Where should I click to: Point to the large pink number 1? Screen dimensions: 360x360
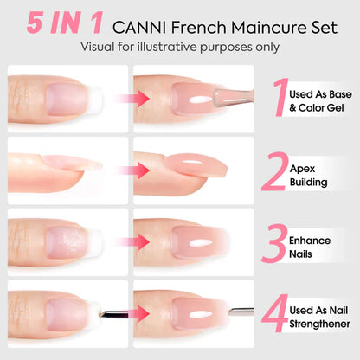[x=279, y=100]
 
